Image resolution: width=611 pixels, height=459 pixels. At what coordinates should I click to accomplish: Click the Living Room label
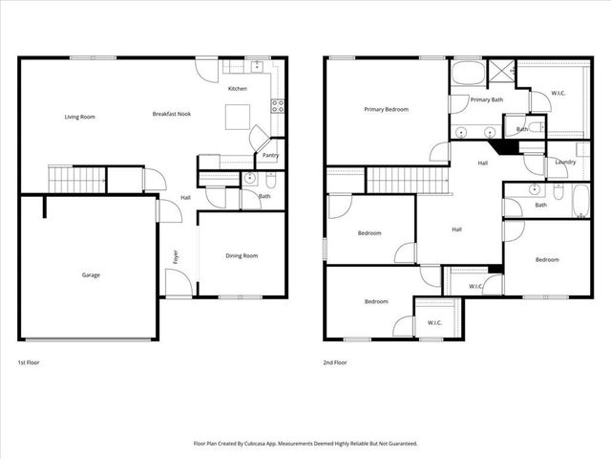[79, 117]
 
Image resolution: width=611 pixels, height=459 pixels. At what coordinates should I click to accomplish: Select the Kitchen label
[238, 89]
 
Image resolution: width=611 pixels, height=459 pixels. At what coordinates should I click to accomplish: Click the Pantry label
[270, 155]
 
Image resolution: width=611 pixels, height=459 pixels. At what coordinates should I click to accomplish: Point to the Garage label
[91, 274]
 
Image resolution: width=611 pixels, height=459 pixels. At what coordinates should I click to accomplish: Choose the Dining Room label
[242, 255]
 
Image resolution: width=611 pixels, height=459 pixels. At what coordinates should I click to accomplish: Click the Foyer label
[176, 256]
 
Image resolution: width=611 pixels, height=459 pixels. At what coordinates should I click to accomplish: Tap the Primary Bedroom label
[386, 109]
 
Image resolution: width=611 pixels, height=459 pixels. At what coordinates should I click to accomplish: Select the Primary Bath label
[487, 99]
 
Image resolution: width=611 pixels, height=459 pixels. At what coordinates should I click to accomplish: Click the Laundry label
[564, 163]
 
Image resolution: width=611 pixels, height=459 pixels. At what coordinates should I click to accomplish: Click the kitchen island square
[239, 117]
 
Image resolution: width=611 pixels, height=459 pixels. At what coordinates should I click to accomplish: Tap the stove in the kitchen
[279, 106]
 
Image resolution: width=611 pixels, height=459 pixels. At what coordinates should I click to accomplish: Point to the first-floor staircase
[76, 177]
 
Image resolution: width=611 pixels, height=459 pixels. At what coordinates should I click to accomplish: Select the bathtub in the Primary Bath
[469, 74]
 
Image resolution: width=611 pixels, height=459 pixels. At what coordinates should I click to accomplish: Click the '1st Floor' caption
[29, 363]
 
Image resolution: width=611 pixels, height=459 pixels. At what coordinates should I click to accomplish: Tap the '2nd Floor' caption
[334, 363]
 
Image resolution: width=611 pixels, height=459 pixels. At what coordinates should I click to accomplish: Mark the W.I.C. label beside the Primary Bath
[560, 94]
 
